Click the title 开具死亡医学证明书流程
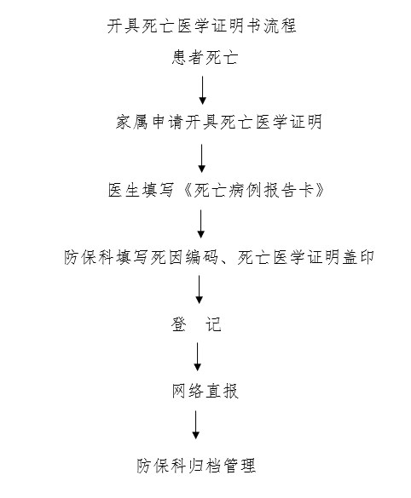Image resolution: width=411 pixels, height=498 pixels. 202,26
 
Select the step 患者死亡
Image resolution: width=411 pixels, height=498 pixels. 205,58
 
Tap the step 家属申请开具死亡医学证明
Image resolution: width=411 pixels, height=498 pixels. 219,122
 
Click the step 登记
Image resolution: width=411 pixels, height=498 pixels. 196,324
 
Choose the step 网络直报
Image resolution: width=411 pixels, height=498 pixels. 205,391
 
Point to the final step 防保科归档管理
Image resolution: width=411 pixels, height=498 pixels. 196,466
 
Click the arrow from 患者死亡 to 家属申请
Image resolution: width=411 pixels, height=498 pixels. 203,90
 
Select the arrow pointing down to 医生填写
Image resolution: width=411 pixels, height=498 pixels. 202,158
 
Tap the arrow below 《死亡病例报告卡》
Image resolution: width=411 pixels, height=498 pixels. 200,224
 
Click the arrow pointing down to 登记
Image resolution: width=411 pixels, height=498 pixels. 200,289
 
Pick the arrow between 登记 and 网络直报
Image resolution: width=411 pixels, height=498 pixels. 198,357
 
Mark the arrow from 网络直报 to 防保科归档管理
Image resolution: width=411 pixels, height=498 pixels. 196,425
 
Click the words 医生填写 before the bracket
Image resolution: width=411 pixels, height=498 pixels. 141,190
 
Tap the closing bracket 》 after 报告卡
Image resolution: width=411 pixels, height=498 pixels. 320,190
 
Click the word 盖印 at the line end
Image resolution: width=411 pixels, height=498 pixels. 358,257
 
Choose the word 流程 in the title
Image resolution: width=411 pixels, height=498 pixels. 280,26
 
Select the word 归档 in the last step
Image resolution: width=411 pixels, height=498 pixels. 205,466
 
